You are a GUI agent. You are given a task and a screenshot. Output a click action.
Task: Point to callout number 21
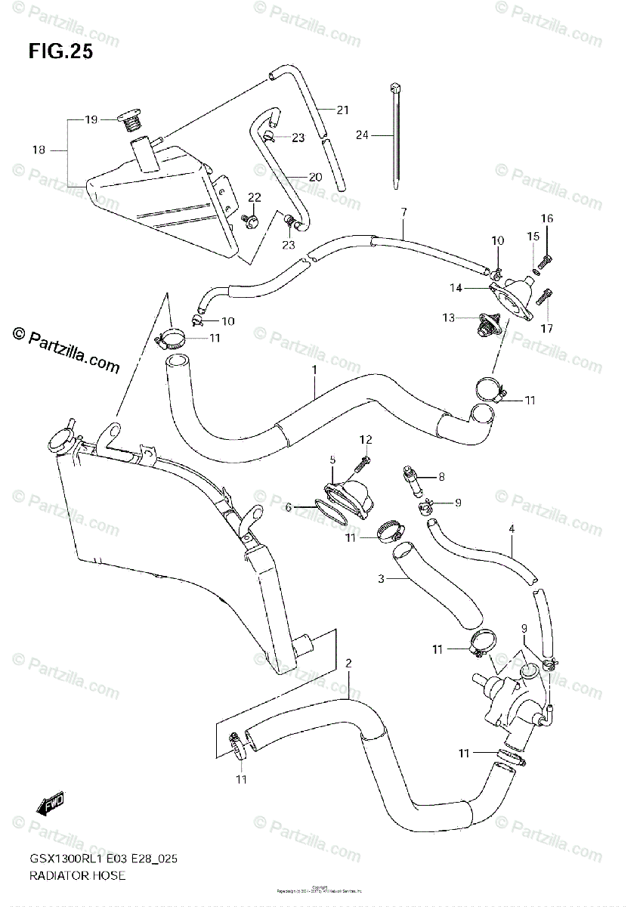342,110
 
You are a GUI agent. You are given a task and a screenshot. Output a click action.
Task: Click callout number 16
546,219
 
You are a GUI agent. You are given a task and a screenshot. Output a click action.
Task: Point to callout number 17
546,328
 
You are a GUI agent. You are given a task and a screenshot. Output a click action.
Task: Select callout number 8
441,476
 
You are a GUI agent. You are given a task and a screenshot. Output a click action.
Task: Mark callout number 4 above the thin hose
512,529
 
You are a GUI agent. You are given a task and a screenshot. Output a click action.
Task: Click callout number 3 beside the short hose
382,579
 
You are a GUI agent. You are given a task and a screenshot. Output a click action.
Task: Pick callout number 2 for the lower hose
348,664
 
